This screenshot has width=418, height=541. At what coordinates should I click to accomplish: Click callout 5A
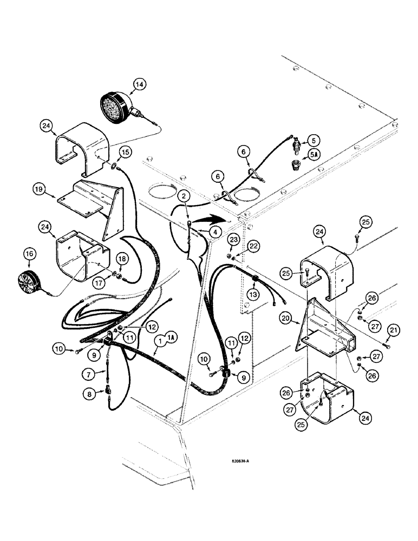pos(313,155)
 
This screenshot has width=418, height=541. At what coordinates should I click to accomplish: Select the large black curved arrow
pos(208,220)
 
